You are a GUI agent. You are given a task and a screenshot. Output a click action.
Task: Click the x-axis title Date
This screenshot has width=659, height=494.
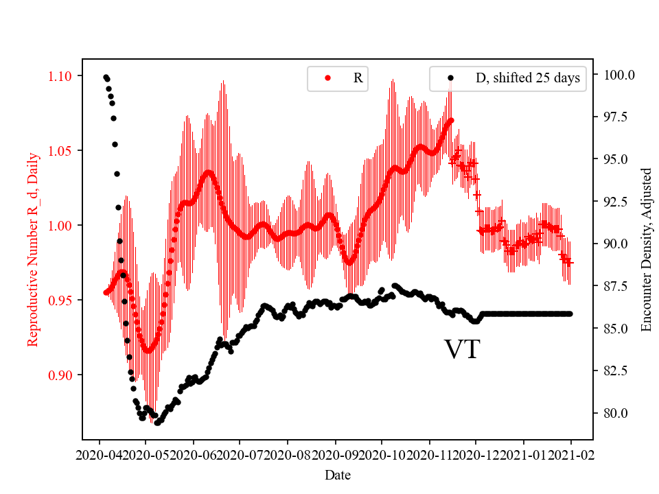338,474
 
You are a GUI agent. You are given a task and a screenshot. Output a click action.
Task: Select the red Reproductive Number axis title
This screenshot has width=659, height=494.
32,249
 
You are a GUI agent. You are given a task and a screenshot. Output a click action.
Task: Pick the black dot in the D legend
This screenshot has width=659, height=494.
450,78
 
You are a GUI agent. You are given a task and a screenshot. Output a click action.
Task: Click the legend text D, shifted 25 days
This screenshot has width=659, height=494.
527,78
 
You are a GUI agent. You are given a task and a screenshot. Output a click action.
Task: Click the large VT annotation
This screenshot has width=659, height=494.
462,349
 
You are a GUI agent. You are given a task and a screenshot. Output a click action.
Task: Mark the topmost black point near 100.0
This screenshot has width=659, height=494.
106,77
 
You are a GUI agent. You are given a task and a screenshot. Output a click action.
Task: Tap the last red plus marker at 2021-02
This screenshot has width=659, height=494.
569,262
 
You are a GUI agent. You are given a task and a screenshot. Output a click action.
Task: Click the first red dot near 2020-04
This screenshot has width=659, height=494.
106,292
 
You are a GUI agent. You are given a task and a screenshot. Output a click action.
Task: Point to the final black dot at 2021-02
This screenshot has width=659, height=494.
570,314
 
